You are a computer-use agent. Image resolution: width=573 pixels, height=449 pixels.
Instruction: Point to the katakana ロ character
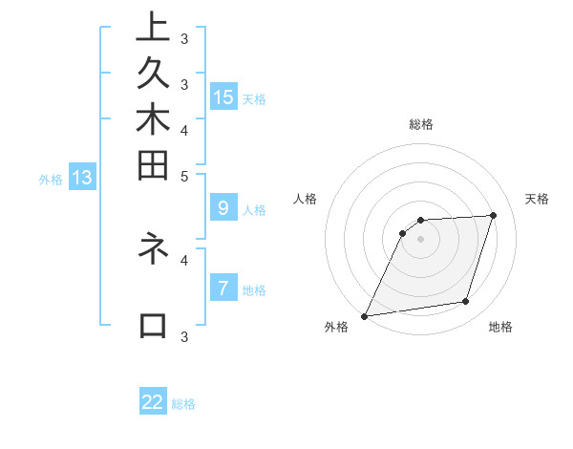[153, 326]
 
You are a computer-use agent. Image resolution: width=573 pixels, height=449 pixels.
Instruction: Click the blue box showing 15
[223, 97]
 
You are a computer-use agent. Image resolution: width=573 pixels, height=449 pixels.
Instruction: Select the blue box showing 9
[223, 207]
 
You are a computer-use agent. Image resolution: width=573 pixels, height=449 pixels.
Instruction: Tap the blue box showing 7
[223, 288]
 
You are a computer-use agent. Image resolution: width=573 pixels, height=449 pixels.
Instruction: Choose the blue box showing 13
[82, 177]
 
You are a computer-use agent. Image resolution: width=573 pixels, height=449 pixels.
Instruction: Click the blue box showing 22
[153, 402]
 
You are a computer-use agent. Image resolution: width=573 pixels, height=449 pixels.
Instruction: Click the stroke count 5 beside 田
[184, 176]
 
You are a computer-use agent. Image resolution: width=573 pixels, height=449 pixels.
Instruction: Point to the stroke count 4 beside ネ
[184, 259]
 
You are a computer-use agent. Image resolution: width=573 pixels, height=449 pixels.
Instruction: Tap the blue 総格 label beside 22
[183, 404]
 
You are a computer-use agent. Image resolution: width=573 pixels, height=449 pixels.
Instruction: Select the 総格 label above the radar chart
[420, 124]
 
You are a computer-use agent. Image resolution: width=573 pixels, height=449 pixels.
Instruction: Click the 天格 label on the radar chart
[537, 199]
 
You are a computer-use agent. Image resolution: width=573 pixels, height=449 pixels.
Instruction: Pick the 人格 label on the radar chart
[305, 199]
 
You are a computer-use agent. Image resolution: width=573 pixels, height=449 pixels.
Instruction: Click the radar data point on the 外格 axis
[364, 315]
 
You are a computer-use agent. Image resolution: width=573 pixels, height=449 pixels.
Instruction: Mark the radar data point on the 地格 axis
[466, 302]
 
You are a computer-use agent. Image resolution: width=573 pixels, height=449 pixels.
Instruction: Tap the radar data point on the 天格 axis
[494, 215]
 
